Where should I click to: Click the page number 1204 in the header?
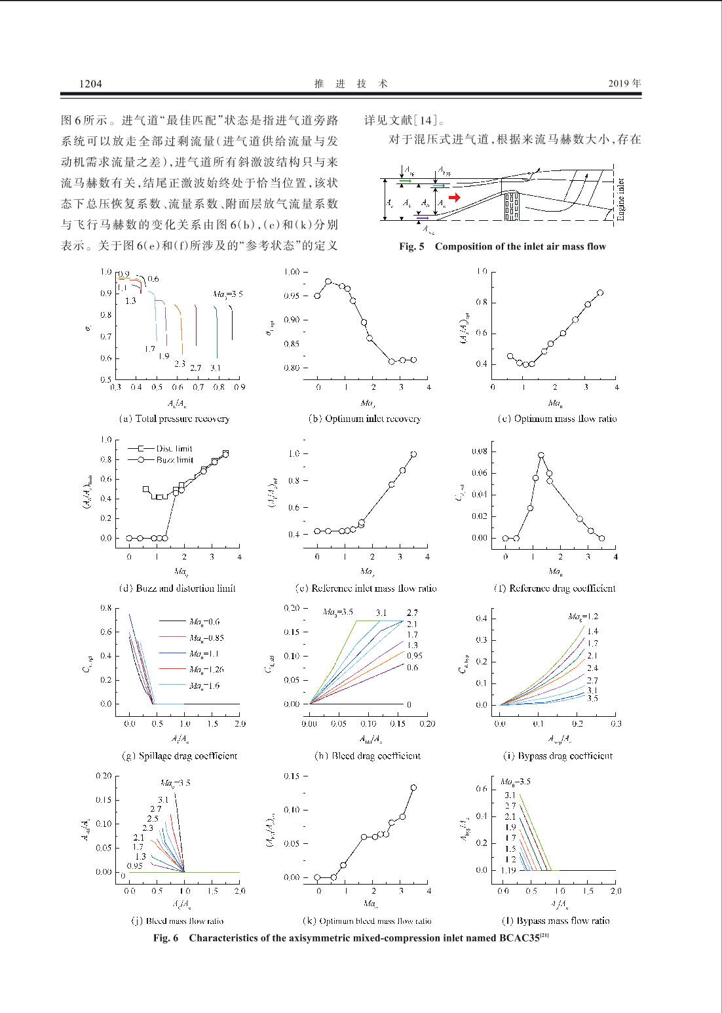[x=90, y=83]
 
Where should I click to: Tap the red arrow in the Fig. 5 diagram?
[x=455, y=197]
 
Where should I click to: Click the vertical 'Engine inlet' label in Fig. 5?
[x=620, y=199]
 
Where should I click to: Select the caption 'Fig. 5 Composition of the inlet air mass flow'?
[x=503, y=246]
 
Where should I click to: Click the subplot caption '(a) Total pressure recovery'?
[x=174, y=419]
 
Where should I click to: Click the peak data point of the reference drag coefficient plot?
[x=541, y=455]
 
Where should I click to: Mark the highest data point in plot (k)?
[x=413, y=788]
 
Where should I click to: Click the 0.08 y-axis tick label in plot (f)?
[x=480, y=451]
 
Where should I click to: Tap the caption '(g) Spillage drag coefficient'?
[x=180, y=756]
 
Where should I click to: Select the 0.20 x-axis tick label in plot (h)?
[x=427, y=724]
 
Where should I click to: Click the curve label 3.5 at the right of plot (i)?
[x=592, y=698]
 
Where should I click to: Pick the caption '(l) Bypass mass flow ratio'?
[x=556, y=921]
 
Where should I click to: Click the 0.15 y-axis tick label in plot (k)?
[x=292, y=776]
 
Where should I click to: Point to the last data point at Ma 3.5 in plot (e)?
[x=413, y=454]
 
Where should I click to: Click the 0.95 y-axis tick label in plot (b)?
[x=292, y=296]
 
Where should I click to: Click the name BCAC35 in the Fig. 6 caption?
[x=519, y=938]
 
